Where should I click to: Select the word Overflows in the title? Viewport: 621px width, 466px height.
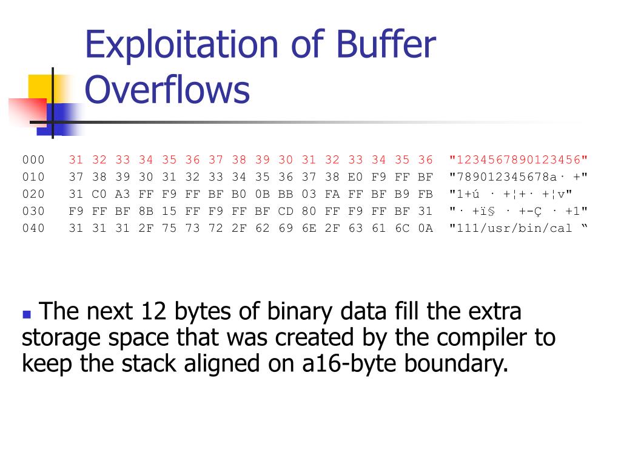click(x=167, y=89)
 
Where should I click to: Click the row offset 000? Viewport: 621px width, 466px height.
click(x=33, y=160)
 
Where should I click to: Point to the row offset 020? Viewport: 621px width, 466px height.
click(x=33, y=194)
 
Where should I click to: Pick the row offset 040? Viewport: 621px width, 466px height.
click(x=33, y=229)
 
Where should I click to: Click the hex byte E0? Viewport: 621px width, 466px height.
click(x=355, y=177)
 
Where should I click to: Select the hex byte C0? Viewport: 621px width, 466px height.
click(x=99, y=194)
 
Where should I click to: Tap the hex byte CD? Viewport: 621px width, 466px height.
click(x=286, y=212)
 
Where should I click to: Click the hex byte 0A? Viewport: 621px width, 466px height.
click(x=425, y=229)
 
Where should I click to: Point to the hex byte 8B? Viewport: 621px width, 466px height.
click(x=146, y=212)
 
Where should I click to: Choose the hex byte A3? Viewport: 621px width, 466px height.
click(x=123, y=194)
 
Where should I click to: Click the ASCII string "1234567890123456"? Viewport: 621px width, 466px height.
click(x=519, y=160)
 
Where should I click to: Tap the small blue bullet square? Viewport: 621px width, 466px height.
click(x=26, y=315)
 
